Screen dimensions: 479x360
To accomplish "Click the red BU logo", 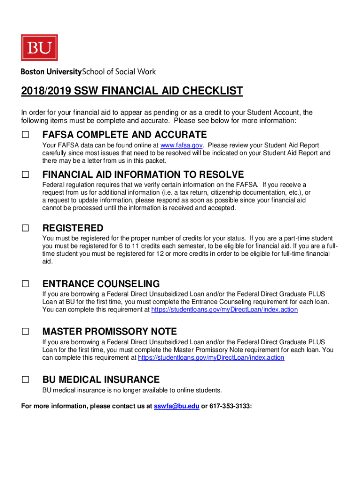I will pyautogui.click(x=39, y=47).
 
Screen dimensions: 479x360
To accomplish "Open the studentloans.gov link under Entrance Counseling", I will pyautogui.click(x=224, y=310).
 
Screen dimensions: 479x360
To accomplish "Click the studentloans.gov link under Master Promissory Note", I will pyautogui.click(x=211, y=357).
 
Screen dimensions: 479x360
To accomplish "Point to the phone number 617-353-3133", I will pyautogui.click(x=230, y=406).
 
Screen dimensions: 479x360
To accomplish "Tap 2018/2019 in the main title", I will pyautogui.click(x=44, y=91).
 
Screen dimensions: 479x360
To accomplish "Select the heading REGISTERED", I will pyautogui.click(x=73, y=228).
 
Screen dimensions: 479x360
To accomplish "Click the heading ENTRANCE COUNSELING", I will pyautogui.click(x=101, y=284).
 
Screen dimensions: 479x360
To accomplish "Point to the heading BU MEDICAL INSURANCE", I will pyautogui.click(x=101, y=379).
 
